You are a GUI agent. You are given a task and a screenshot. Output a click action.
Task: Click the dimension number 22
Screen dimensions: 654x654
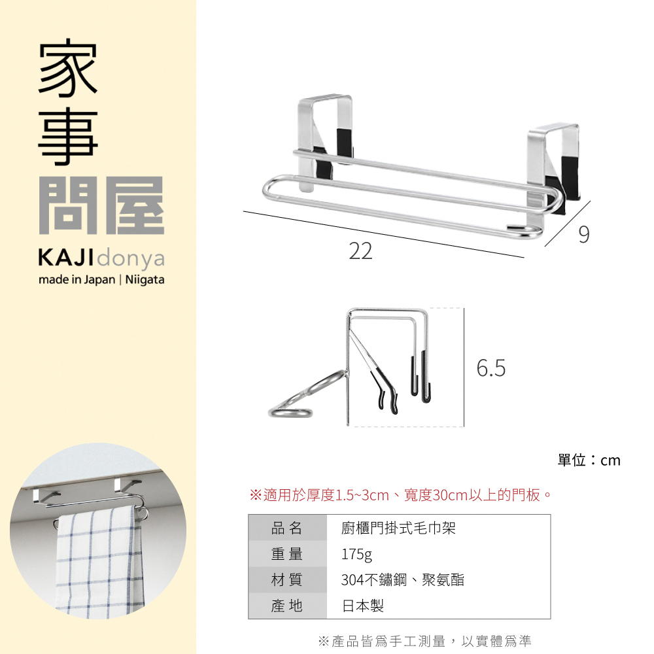(360, 251)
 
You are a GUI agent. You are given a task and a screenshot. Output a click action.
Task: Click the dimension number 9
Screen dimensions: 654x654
(584, 234)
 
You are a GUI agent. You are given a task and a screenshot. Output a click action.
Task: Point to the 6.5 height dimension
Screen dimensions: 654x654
(490, 369)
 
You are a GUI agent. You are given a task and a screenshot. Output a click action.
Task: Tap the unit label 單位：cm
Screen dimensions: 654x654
(589, 460)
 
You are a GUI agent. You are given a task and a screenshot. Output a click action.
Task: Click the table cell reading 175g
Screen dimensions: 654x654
(356, 554)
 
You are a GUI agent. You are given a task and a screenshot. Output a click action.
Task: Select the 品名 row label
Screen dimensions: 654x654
(287, 528)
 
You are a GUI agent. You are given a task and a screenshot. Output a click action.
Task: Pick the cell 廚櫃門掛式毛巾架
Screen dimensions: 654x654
(398, 528)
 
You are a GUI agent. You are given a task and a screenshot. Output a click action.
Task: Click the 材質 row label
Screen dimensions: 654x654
(287, 579)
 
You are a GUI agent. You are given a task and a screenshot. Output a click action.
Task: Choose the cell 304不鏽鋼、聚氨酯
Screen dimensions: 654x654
(402, 579)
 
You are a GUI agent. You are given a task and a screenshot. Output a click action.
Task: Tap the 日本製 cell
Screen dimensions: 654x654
(363, 606)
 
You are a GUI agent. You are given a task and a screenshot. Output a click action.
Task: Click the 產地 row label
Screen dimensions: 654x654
(287, 606)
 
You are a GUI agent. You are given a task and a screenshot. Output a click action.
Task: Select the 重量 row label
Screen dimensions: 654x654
(287, 554)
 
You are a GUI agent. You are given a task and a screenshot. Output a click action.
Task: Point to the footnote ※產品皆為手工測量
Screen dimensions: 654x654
(424, 640)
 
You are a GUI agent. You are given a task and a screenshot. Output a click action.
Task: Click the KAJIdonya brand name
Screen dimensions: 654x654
(101, 259)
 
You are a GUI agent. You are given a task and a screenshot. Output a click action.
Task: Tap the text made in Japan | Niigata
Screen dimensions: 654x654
(101, 280)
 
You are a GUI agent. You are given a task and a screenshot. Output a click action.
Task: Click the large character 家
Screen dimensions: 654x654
(69, 70)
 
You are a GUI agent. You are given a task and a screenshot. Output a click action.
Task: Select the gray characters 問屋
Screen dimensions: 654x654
(101, 205)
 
